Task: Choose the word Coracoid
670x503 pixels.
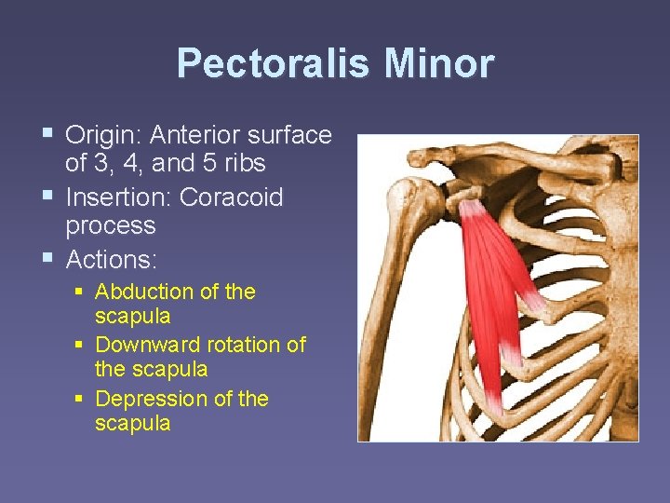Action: click(232, 197)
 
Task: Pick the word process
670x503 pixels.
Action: click(110, 225)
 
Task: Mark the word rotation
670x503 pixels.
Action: click(245, 345)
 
